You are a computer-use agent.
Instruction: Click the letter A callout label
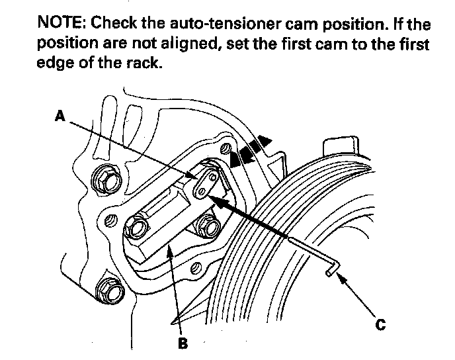tap(60, 116)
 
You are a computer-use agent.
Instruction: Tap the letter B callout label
tap(183, 343)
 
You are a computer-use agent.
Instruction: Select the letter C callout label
tap(380, 324)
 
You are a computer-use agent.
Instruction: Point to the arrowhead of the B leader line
tap(171, 249)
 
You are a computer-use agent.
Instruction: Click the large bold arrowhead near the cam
tap(217, 201)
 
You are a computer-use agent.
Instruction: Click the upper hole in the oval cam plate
tap(213, 177)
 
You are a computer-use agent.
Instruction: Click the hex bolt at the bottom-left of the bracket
tap(110, 290)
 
